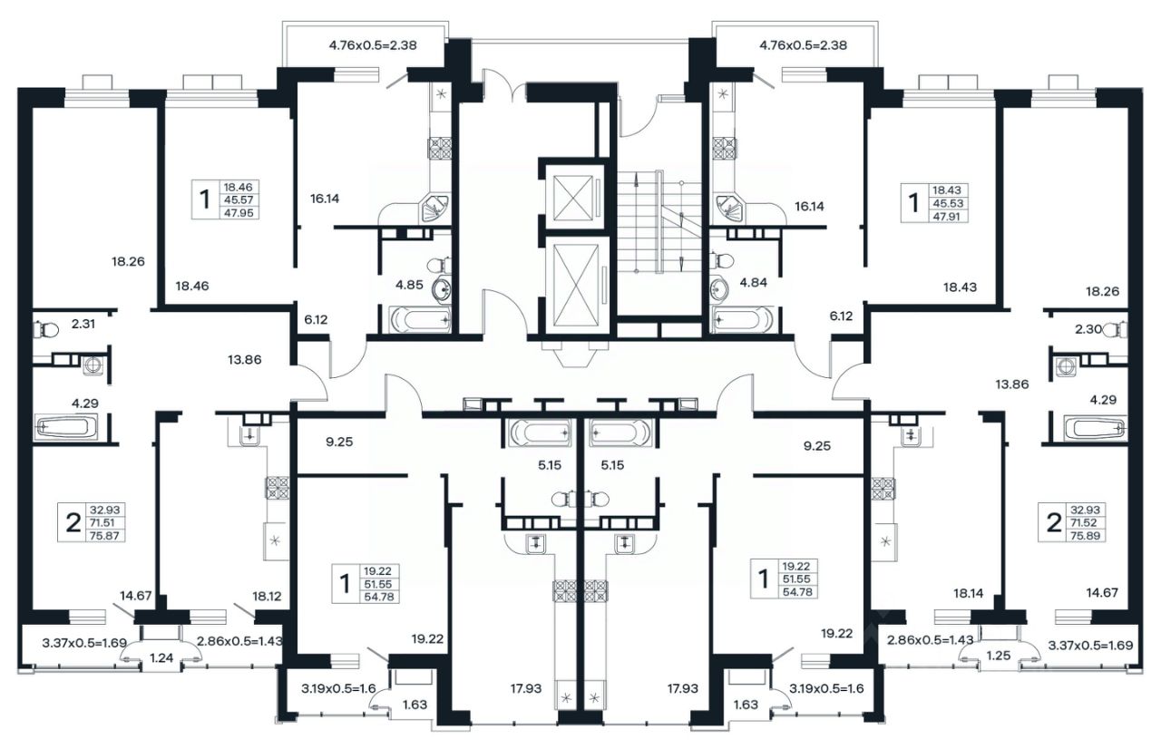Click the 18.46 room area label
tap(191, 286)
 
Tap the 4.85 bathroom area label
tap(409, 285)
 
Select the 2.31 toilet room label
tap(83, 324)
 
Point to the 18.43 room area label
tap(960, 287)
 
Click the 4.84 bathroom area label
tap(753, 282)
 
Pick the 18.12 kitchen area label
tap(267, 596)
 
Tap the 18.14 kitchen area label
tap(968, 594)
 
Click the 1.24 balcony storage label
tap(161, 657)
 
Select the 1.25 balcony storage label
tap(999, 656)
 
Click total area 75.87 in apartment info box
tap(104, 536)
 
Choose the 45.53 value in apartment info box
tap(948, 203)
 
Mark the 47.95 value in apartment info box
tap(239, 212)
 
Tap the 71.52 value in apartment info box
tap(1085, 523)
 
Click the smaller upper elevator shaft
tap(572, 198)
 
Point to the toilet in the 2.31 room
tap(45, 329)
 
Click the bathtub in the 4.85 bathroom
tap(420, 319)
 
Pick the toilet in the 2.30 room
tap(1116, 329)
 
